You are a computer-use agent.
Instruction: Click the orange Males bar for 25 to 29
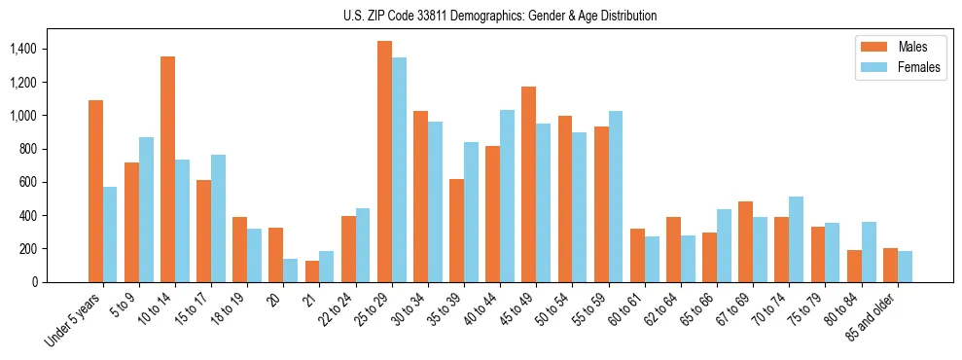384,162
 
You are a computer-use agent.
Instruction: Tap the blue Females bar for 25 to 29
399,169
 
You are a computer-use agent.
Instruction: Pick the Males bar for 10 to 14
167,169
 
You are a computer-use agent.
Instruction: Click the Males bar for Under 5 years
95,191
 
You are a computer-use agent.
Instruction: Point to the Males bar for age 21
312,271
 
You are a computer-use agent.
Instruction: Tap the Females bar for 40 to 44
507,196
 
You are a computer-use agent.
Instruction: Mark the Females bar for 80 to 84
869,252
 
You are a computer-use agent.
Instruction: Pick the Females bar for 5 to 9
146,209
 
